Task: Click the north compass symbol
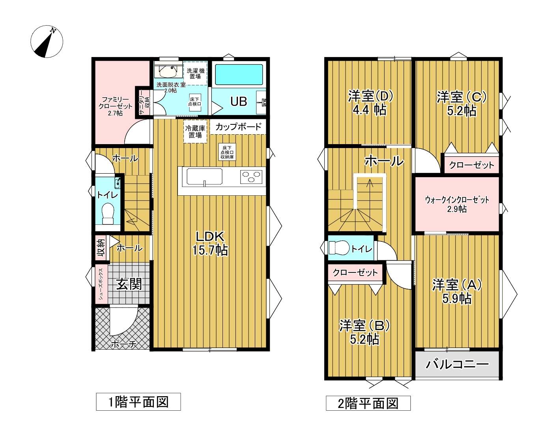[47, 41]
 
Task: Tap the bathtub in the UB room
[239, 74]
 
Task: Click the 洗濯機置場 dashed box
[195, 73]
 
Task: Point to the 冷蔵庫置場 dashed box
[195, 132]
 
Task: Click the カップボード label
[238, 126]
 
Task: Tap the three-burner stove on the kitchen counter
[251, 176]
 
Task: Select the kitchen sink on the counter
[204, 177]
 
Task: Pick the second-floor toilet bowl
[339, 248]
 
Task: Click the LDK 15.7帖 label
[210, 243]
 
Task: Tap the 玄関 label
[129, 284]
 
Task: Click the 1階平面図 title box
[138, 402]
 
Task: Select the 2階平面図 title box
[368, 403]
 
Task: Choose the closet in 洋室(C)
[471, 165]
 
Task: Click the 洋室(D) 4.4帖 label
[370, 103]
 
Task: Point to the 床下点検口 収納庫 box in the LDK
[227, 152]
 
